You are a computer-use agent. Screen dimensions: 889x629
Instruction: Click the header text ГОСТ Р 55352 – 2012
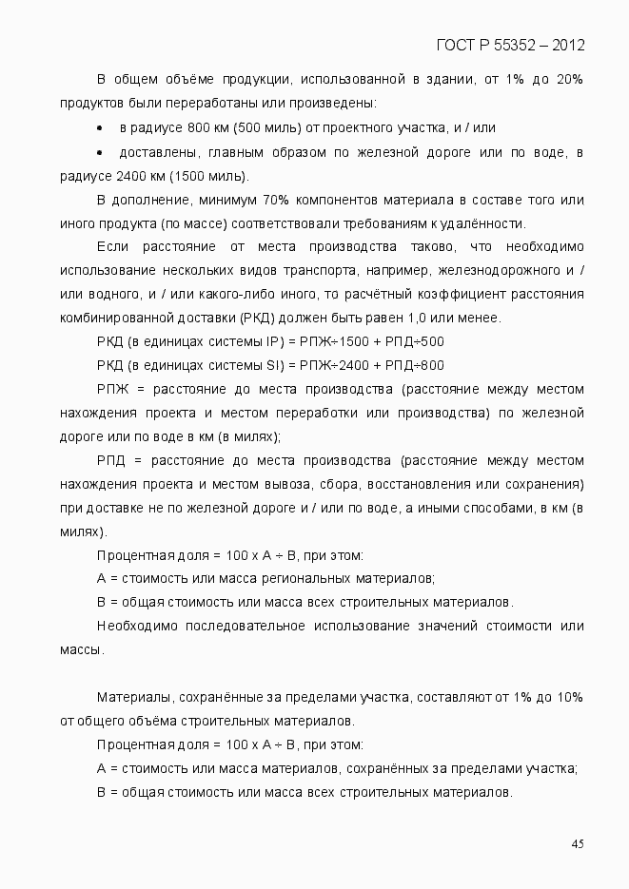510,45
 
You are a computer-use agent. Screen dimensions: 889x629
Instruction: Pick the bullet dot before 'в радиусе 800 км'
100,127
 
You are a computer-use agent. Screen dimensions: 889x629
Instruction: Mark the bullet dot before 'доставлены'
100,152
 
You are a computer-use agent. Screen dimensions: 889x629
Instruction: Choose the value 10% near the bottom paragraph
570,697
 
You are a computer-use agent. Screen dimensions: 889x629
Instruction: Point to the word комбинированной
114,318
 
